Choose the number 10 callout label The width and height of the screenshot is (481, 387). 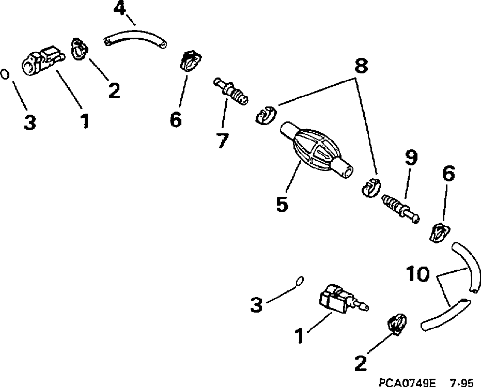point(417,274)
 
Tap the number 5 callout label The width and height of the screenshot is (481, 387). point(282,203)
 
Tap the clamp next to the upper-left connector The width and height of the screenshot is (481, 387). point(79,48)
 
